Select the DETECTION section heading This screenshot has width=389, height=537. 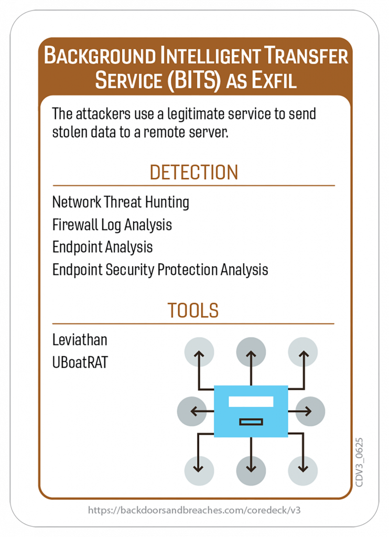point(193,173)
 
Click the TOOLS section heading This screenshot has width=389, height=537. point(193,310)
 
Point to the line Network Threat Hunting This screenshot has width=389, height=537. point(121,202)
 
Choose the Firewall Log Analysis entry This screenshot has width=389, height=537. point(112,225)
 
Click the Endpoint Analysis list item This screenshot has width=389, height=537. point(102,247)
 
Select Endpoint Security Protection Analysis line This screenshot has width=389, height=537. point(160,270)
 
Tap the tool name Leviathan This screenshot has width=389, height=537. point(80,340)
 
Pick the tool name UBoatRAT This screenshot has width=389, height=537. point(80,362)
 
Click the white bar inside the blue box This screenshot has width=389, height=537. point(251,402)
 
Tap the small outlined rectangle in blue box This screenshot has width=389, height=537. point(251,422)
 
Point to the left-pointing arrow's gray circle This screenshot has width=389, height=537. point(192,411)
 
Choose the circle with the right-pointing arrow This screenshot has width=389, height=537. point(310,411)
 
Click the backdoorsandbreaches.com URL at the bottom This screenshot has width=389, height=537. point(194,510)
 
